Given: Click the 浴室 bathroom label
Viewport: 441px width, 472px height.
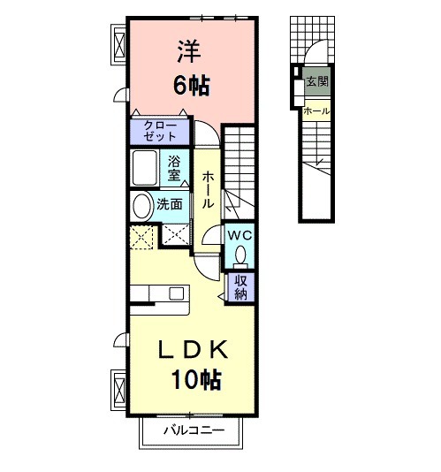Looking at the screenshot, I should [x=175, y=168].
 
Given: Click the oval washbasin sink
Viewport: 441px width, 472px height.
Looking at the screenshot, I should [x=141, y=206].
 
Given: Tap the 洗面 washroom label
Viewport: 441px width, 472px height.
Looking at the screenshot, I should [x=170, y=204].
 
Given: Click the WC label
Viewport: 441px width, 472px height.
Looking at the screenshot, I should [x=240, y=236].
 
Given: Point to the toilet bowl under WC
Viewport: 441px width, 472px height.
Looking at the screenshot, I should [x=240, y=256].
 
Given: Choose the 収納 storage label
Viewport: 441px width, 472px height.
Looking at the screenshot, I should [x=240, y=287].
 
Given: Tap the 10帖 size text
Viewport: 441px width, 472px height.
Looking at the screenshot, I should [x=196, y=381].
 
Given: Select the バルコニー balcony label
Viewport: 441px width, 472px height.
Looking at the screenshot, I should [x=194, y=430].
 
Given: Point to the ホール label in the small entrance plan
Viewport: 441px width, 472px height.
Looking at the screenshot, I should [x=316, y=111].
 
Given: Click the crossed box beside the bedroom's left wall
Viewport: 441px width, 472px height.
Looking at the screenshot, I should [x=118, y=42].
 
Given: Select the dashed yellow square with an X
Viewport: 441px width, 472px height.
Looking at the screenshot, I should [x=141, y=237].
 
